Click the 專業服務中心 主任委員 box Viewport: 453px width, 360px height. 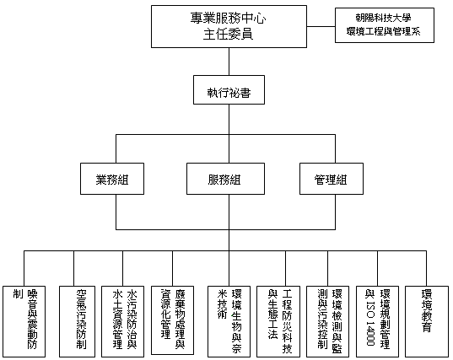tap(229, 27)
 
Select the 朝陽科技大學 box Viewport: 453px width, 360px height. tap(385, 25)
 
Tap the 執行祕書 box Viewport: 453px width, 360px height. tap(229, 89)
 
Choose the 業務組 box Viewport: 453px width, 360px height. tap(112, 179)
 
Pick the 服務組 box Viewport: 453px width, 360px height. tap(225, 179)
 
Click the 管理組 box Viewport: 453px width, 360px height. tap(332, 179)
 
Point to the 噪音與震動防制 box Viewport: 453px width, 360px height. tap(24, 321)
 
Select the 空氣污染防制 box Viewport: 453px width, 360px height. tap(77, 321)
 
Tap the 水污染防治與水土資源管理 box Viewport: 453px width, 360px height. tap(123, 321)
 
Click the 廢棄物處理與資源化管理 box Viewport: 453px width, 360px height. tap(172, 320)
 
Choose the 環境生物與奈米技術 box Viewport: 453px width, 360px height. tap(229, 321)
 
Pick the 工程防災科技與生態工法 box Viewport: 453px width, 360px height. tap(278, 321)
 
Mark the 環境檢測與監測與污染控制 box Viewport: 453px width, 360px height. tap(327, 321)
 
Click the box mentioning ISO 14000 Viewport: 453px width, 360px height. tap(377, 321)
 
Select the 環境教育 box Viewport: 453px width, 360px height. tap(427, 321)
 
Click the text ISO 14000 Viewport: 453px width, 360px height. tap(370, 324)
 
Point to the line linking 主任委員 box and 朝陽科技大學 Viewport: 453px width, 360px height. tap(321, 27)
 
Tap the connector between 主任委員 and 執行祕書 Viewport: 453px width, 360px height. tap(229, 62)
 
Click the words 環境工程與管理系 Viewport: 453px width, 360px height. tap(384, 31)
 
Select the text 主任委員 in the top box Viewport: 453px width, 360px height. tap(229, 34)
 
